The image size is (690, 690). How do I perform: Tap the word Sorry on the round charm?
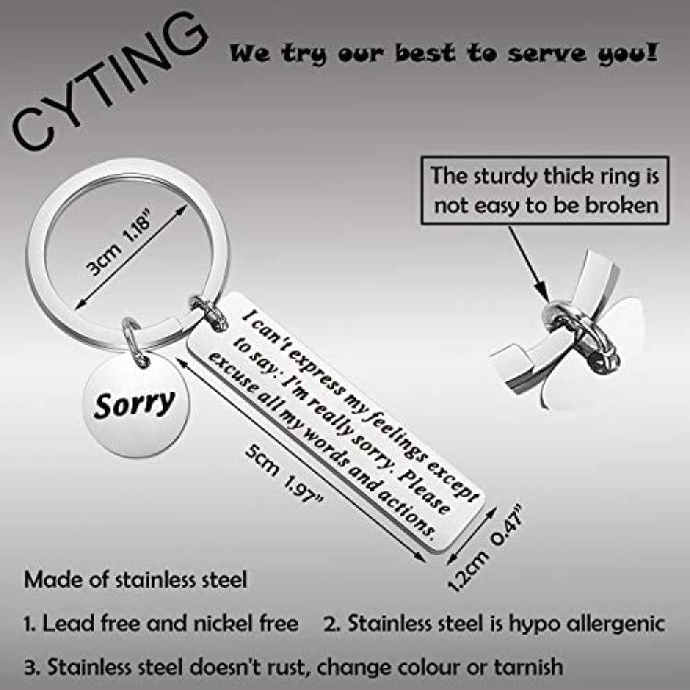(x=134, y=404)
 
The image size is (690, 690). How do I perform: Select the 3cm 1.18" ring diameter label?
(x=119, y=243)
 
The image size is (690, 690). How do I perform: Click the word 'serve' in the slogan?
(x=547, y=53)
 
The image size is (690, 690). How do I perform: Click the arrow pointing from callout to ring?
(x=528, y=264)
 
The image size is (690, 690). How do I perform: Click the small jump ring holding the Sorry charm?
(x=135, y=342)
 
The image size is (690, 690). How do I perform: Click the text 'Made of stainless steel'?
(x=135, y=580)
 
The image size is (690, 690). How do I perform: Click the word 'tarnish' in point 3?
(x=528, y=667)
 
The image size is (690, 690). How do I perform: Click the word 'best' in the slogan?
(x=426, y=53)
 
